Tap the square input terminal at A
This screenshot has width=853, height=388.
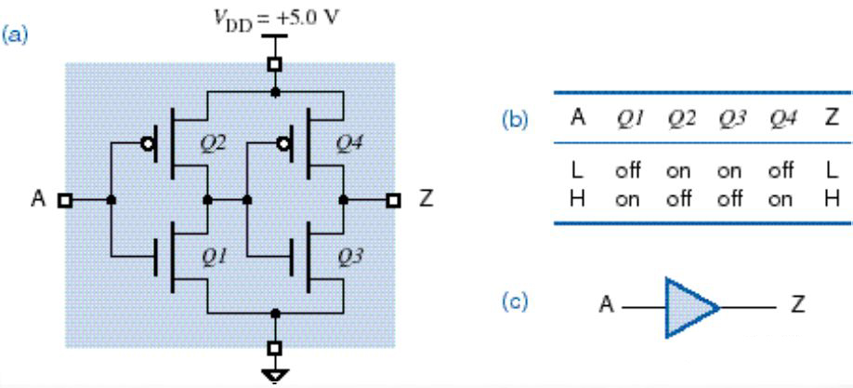tap(64, 199)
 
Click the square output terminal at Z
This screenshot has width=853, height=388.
tap(393, 199)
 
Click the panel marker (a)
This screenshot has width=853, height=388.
tap(16, 35)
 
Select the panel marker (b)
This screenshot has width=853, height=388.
tap(518, 120)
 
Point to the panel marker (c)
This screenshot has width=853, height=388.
tap(518, 304)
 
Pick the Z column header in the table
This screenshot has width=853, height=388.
tap(832, 118)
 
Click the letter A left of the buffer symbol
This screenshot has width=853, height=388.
tap(606, 305)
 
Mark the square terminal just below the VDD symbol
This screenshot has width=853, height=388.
tap(274, 63)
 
